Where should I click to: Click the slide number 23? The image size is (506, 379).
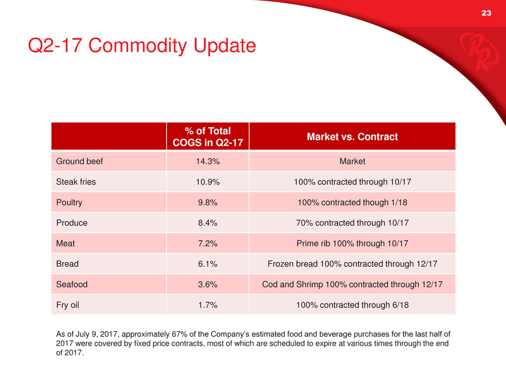pyautogui.click(x=487, y=13)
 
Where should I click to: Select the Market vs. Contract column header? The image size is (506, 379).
pyautogui.click(x=352, y=137)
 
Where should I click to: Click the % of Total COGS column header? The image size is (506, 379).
pyautogui.click(x=208, y=136)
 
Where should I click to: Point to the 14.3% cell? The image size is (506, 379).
pyautogui.click(x=208, y=161)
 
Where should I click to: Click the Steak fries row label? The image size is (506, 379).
pyautogui.click(x=76, y=182)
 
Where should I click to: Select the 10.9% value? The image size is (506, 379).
pyautogui.click(x=208, y=182)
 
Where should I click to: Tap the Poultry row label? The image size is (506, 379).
pyautogui.click(x=69, y=202)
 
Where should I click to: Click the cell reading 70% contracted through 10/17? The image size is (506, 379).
pyautogui.click(x=352, y=223)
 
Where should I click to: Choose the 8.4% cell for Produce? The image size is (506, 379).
pyautogui.click(x=208, y=223)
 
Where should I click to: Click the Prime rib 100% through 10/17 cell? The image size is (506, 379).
pyautogui.click(x=352, y=243)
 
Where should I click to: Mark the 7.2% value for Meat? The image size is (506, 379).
pyautogui.click(x=208, y=243)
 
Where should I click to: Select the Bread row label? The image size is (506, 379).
pyautogui.click(x=67, y=264)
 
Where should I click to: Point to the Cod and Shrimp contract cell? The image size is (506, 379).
pyautogui.click(x=352, y=284)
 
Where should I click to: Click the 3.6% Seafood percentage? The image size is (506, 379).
pyautogui.click(x=208, y=284)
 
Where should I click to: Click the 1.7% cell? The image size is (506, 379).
pyautogui.click(x=208, y=305)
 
